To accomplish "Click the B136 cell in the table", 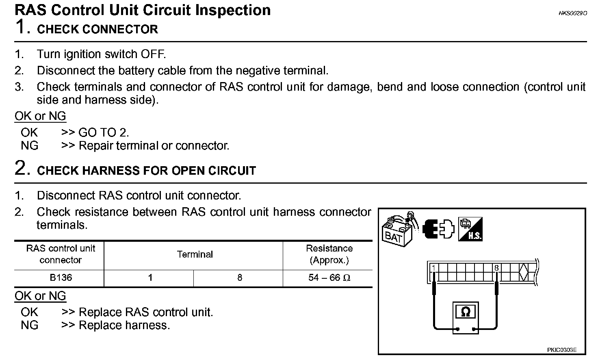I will click(61, 278).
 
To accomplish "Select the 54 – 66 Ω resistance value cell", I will click(329, 278).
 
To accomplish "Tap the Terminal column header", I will click(195, 254).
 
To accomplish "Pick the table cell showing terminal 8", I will click(239, 278).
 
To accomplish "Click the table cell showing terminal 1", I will click(150, 278).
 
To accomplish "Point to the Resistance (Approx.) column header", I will click(329, 254).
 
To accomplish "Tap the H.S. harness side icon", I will click(470, 229).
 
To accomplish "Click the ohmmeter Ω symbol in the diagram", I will click(466, 312).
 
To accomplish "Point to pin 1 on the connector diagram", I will click(434, 268).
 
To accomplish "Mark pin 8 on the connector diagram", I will click(496, 268).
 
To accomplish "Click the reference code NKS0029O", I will click(572, 13).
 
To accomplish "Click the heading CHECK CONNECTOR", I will click(97, 29).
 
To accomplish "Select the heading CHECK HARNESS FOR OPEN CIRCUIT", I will click(146, 171).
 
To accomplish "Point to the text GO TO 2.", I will click(104, 132).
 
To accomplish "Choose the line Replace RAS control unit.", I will click(145, 312).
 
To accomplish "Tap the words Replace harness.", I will click(124, 325).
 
